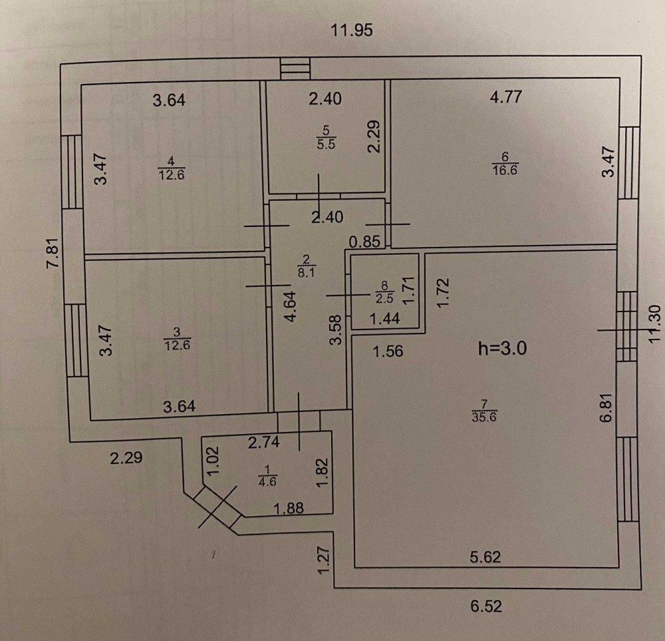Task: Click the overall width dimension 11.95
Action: [x=352, y=31]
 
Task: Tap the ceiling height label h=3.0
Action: [x=503, y=349]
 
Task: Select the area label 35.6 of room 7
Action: [x=484, y=417]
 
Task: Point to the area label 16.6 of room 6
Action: [x=505, y=170]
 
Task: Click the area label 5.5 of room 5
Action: [x=326, y=144]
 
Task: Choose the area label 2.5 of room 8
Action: [x=384, y=298]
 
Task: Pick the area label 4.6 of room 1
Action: [x=267, y=482]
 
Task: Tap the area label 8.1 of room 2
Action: [x=306, y=272]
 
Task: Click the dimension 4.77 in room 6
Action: [x=506, y=97]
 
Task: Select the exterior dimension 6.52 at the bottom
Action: [x=486, y=606]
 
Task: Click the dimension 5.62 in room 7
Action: [x=485, y=556]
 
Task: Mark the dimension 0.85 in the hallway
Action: [x=364, y=242]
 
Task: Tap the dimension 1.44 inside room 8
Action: [x=384, y=318]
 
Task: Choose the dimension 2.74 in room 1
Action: [x=264, y=443]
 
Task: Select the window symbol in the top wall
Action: [x=296, y=68]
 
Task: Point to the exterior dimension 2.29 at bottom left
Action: [x=126, y=458]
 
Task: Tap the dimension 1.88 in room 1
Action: [x=289, y=508]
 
